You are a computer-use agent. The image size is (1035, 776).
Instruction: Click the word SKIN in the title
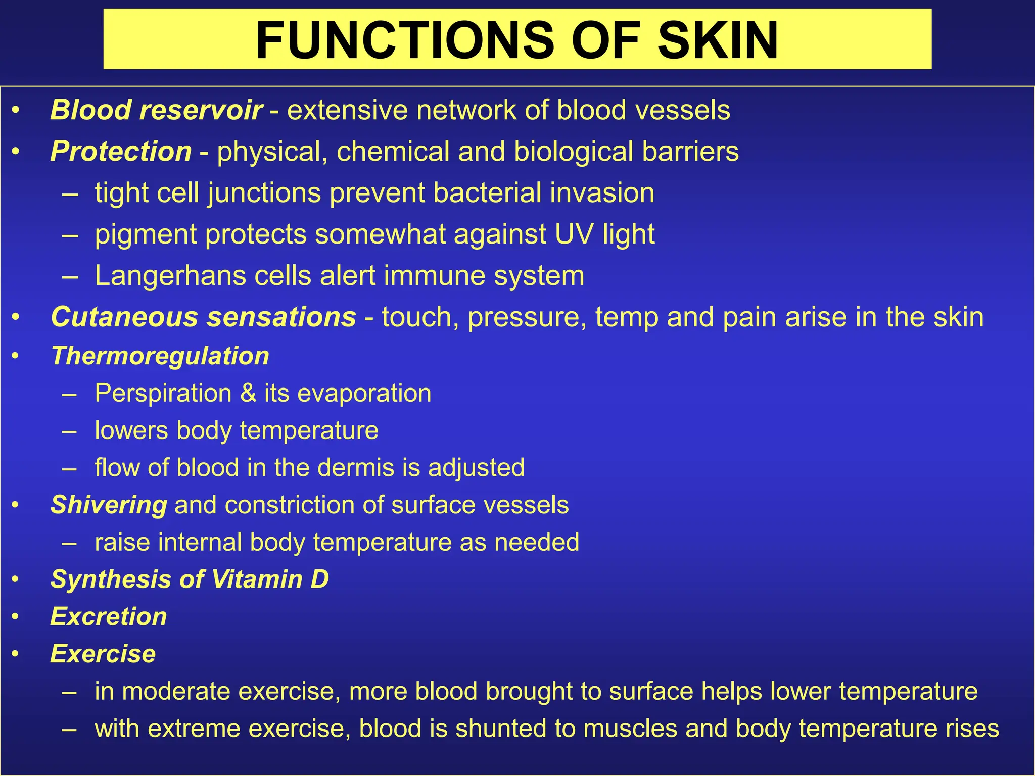pyautogui.click(x=718, y=40)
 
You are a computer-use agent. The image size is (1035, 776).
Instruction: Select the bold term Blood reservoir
pyautogui.click(x=156, y=110)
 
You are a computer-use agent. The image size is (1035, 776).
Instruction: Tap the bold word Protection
pyautogui.click(x=121, y=151)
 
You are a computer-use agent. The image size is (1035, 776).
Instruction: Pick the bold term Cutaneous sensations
pyautogui.click(x=204, y=317)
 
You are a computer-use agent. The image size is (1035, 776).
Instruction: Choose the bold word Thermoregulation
pyautogui.click(x=160, y=356)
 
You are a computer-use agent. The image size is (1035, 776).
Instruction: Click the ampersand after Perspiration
pyautogui.click(x=248, y=393)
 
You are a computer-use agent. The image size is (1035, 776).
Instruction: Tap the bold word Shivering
pyautogui.click(x=109, y=505)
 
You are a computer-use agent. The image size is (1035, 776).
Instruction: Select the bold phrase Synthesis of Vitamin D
pyautogui.click(x=190, y=579)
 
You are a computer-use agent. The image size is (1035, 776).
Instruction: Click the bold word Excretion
pyautogui.click(x=109, y=616)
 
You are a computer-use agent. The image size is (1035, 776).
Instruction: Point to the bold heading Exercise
pyautogui.click(x=103, y=654)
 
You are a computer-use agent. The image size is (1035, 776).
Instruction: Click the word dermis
pyautogui.click(x=361, y=467)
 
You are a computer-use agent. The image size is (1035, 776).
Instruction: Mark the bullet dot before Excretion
pyautogui.click(x=16, y=616)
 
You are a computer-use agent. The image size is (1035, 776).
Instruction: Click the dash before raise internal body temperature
pyautogui.click(x=69, y=543)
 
